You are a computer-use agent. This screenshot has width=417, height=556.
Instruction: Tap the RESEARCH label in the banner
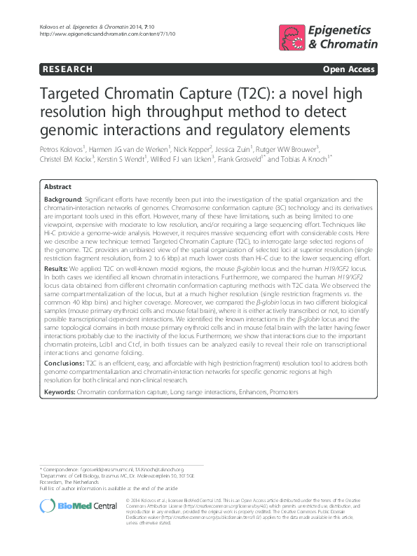tap(67, 69)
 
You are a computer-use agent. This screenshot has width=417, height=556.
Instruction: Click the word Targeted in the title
tap(74, 95)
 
